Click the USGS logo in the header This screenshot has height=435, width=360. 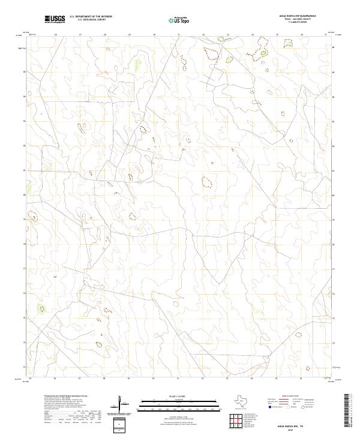point(55,19)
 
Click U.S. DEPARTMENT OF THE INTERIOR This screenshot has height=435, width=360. point(91,17)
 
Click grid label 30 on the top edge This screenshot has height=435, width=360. point(154,35)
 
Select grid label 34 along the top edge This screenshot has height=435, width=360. point(253,35)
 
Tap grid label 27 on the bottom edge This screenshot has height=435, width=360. point(80,379)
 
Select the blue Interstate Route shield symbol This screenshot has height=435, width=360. point(269,407)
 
